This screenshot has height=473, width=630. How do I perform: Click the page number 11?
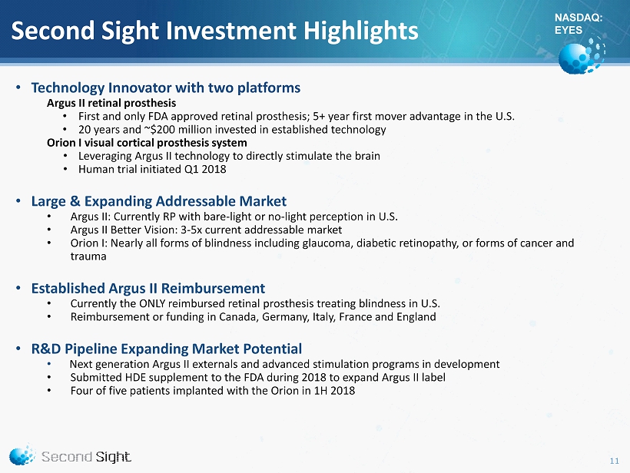click(x=615, y=461)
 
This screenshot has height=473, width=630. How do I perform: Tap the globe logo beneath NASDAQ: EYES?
click(x=582, y=55)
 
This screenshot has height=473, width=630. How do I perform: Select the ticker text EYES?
click(x=568, y=30)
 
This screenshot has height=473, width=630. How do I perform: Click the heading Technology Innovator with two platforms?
click(x=166, y=88)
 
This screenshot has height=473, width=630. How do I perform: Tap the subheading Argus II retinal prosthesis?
click(x=111, y=103)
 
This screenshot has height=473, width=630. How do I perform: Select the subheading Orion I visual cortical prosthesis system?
click(x=147, y=143)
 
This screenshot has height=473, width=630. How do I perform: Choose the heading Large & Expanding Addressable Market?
click(x=159, y=200)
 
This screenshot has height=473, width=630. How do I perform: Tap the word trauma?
click(x=88, y=256)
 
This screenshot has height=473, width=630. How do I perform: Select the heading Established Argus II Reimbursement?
click(x=148, y=288)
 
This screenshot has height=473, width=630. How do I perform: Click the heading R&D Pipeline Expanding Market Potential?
click(x=167, y=349)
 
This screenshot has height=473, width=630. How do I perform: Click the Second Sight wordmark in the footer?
click(x=86, y=457)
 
